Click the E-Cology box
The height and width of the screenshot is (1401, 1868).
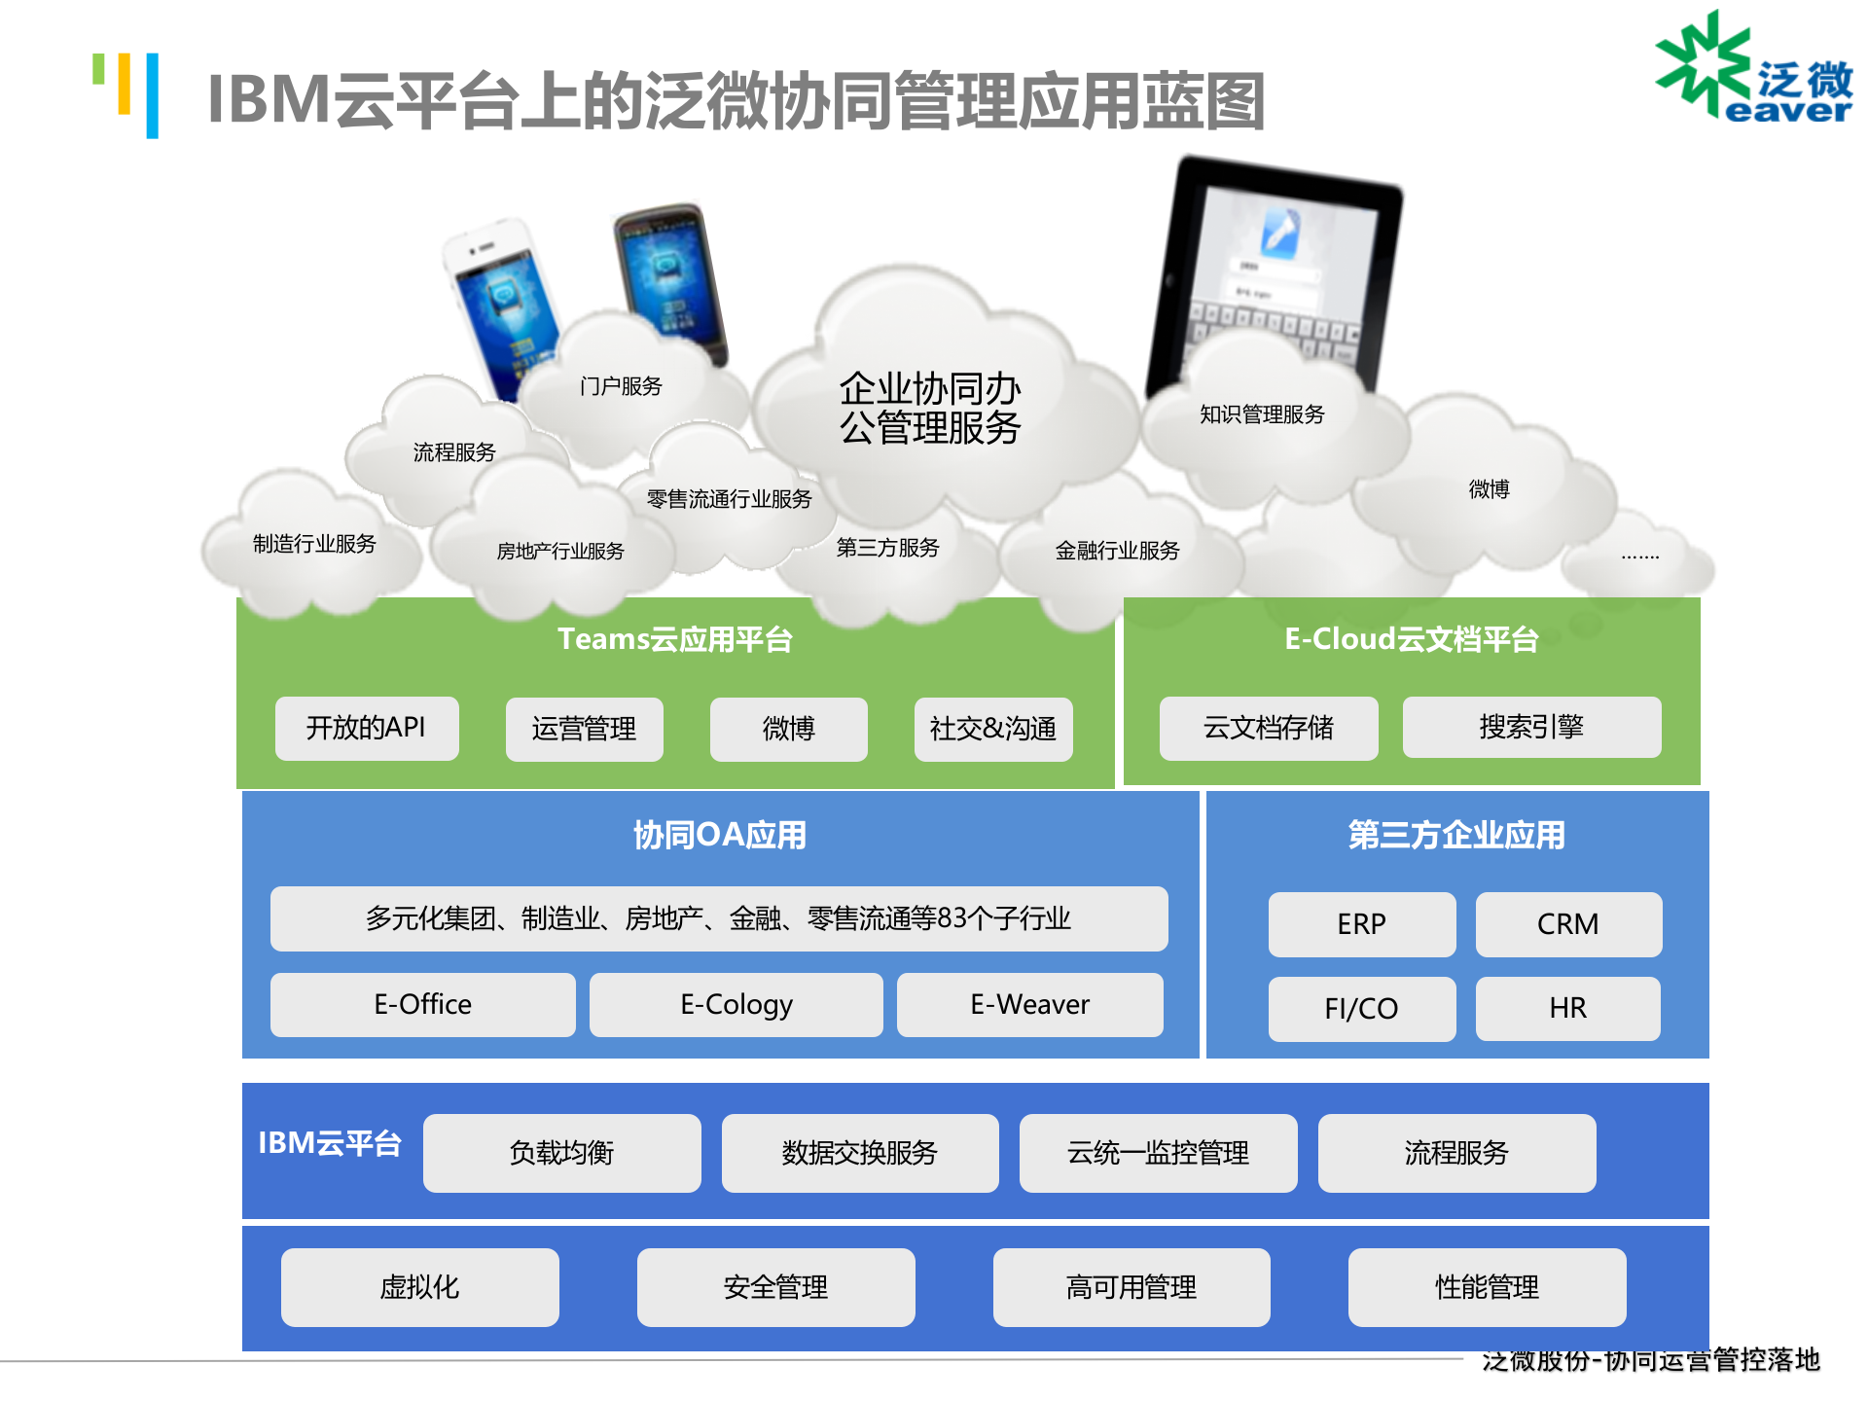click(x=736, y=1004)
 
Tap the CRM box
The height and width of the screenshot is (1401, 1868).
click(x=1567, y=923)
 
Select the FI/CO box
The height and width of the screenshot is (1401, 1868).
click(x=1361, y=1008)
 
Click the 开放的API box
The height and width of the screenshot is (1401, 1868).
click(x=366, y=728)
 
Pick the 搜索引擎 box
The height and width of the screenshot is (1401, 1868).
click(x=1530, y=727)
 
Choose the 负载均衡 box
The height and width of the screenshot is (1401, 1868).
click(x=561, y=1153)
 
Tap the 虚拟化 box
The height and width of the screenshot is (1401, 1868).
click(x=419, y=1287)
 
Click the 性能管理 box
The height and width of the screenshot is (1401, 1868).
click(x=1486, y=1287)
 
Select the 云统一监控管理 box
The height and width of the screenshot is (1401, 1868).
click(x=1158, y=1153)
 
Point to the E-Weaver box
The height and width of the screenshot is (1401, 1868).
click(x=1029, y=1004)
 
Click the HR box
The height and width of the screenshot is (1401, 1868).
click(x=1567, y=1008)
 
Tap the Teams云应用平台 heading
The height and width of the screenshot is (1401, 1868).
click(x=674, y=639)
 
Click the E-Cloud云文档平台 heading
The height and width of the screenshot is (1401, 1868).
click(x=1411, y=639)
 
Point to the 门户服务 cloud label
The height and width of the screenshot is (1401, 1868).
click(x=621, y=386)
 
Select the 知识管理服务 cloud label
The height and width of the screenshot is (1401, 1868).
click(x=1262, y=414)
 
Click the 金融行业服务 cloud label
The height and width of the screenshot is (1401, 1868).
click(x=1117, y=551)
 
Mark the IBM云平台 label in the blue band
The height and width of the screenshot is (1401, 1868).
click(x=329, y=1143)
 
